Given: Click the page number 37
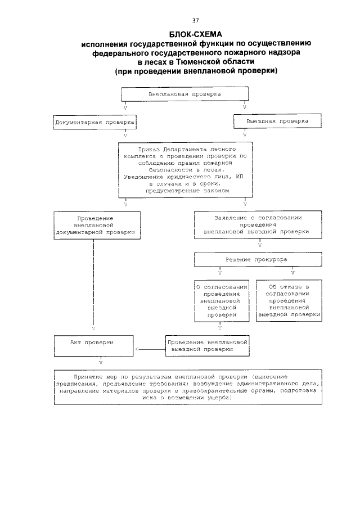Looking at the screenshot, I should point(180,20).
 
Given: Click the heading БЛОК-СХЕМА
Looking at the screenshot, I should point(180,33).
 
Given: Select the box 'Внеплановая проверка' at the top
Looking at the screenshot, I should point(184,94).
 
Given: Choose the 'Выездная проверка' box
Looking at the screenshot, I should point(277,121).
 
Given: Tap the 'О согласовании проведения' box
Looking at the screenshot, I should point(220,301).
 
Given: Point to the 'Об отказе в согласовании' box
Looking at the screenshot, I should point(289,301).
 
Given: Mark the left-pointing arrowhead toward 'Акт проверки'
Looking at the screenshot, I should point(137,350).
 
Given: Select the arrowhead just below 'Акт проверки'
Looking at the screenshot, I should point(100,361).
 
